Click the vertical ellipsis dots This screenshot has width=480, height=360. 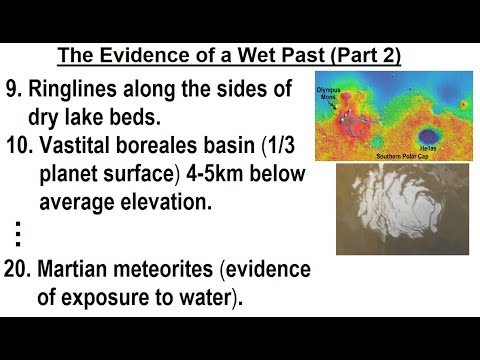click(18, 234)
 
